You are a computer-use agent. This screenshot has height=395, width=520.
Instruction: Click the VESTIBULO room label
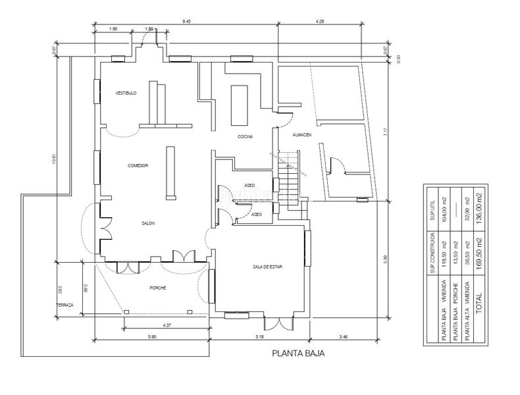pos(126,93)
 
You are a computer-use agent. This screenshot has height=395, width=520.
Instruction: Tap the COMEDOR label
pos(138,165)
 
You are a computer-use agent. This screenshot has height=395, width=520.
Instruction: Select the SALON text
pos(147,224)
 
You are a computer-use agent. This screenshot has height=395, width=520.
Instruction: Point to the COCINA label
pos(246,137)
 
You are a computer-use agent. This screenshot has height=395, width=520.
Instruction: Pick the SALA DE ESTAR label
pos(267,267)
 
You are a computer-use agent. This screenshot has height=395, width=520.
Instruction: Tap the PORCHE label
pos(157,288)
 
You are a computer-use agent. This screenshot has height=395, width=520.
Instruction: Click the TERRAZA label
pos(65,306)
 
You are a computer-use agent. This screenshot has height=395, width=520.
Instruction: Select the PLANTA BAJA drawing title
pos(298,353)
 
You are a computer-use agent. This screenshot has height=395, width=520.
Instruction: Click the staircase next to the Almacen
pos(288,178)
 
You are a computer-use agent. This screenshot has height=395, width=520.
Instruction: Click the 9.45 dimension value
pos(186,22)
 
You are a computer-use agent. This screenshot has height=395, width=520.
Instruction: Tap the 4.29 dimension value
pos(320,22)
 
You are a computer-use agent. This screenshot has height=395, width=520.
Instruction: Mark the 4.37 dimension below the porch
pos(167,324)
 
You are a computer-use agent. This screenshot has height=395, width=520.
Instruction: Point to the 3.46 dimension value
pos(344,336)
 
